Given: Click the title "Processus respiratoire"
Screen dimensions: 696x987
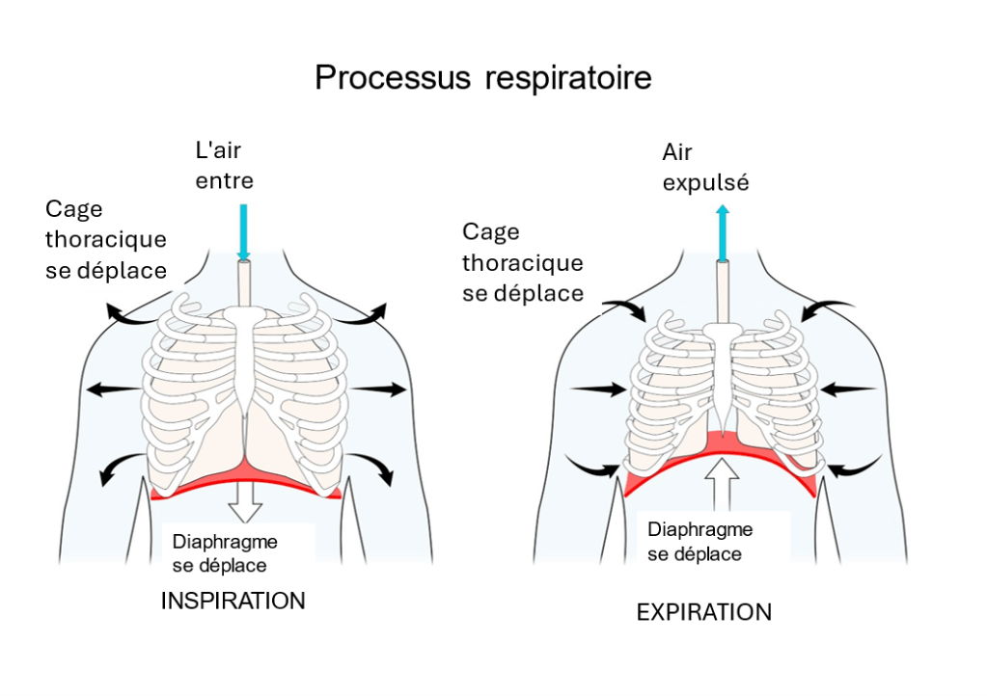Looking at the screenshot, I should coord(482,77).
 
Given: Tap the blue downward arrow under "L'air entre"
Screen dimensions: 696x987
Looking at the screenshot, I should coord(243,231).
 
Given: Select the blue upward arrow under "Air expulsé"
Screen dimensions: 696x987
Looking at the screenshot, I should coord(722,232).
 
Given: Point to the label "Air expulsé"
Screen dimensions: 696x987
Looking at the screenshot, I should coord(705,167).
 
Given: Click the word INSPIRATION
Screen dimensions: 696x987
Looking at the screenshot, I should coord(233,601).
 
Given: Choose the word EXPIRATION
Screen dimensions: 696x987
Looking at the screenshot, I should coord(704,611).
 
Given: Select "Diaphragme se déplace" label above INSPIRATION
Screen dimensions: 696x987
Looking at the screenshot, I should coord(226,553).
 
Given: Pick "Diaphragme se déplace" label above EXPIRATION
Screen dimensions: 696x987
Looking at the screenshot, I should coord(700,542).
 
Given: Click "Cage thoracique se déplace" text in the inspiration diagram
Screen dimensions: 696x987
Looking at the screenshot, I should coord(106,240).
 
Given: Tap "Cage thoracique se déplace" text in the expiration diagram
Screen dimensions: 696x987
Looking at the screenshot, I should coord(523,262).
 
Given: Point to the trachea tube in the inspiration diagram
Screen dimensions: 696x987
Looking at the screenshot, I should coord(244,284).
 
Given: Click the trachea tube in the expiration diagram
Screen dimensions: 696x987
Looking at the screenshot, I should coord(722,294).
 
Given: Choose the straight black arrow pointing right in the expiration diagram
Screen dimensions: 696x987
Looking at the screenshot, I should coord(598,389).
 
